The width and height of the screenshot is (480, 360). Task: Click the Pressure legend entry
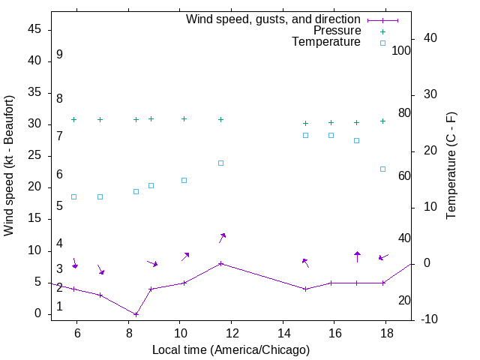[x=337, y=31]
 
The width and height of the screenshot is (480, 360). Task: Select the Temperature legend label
[x=326, y=42]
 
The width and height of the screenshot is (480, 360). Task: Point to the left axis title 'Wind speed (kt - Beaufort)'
[x=10, y=165]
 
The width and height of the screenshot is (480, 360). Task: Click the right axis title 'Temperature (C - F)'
[x=451, y=166]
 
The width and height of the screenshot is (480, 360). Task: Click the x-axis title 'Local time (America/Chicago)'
[x=231, y=350]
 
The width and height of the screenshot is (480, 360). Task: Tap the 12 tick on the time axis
[x=232, y=332]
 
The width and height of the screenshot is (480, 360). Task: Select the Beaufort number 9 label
[x=59, y=55]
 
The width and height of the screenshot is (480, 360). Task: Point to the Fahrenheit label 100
[x=401, y=51]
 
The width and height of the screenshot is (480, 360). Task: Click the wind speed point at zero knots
[x=136, y=314]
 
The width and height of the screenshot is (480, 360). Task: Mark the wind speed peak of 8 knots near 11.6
[x=220, y=263]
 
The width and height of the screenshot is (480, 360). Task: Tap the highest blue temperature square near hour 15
[x=306, y=135]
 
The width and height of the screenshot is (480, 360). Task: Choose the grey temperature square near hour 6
[x=73, y=196]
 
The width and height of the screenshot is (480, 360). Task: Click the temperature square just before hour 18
[x=382, y=169]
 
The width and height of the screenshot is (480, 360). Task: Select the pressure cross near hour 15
[x=306, y=123]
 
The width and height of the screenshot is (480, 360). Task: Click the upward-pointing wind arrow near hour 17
[x=357, y=256]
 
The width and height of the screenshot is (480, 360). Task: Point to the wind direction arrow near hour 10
[x=184, y=256]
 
